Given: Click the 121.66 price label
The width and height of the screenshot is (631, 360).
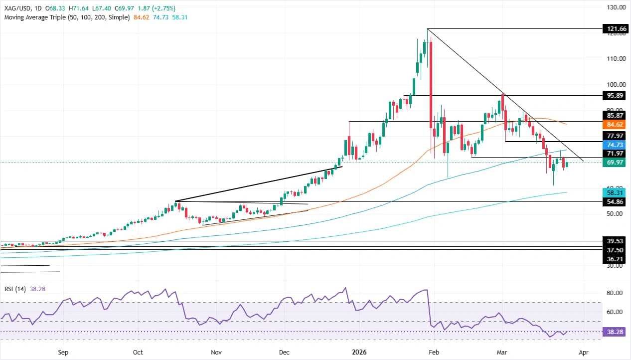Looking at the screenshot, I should pos(614,29).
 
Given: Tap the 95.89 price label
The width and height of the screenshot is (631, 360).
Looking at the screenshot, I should pos(614,95).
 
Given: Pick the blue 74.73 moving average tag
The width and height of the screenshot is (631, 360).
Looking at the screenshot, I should pos(614,144).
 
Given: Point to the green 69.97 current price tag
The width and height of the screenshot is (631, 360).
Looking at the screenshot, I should pos(614,163).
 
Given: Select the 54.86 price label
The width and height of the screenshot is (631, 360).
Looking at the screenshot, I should pos(614,202).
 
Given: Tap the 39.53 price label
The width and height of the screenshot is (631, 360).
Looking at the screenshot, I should pos(614,241).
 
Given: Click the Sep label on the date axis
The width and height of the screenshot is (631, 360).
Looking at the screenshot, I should pos(63,352).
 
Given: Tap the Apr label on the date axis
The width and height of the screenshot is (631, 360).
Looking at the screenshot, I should pos(584,352).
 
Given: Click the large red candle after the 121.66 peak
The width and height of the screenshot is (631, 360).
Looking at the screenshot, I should pos(430,85).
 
